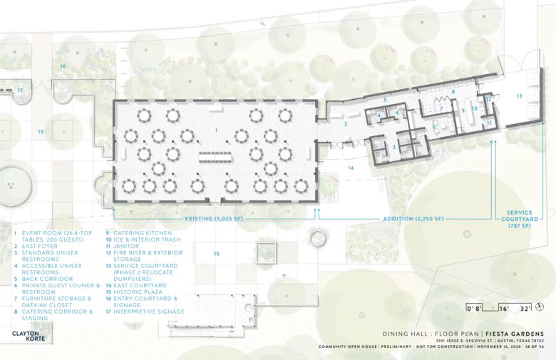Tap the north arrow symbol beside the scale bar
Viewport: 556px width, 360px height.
[540, 308]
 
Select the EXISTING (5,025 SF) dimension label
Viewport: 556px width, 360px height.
[213, 218]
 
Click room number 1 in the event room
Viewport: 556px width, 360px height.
[216, 130]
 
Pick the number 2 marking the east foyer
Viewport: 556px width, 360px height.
[345, 123]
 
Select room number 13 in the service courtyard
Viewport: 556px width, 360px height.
[519, 96]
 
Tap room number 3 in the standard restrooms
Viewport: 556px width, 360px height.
[393, 146]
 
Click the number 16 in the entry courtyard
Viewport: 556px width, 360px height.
[63, 66]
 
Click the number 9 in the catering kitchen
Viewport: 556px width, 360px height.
[463, 110]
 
